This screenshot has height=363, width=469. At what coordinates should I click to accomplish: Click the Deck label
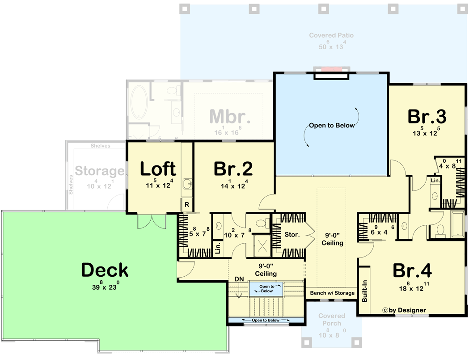105,270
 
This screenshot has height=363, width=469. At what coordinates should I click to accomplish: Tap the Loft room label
158,169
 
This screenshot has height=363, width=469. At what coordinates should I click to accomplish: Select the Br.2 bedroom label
233,169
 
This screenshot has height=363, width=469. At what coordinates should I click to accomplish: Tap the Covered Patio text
331,35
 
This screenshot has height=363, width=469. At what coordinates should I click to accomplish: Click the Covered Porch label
331,320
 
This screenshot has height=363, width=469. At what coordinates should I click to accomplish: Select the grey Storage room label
99,171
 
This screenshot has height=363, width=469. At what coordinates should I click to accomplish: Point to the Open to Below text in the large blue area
332,126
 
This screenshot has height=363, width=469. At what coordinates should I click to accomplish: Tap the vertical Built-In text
365,291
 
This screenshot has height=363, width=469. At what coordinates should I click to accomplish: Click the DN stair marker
239,279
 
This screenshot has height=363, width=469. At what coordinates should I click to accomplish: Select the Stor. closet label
292,234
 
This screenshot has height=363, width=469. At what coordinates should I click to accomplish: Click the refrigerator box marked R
186,205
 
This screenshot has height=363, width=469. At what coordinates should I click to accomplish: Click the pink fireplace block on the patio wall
331,69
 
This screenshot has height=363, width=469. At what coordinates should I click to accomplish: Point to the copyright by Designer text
404,310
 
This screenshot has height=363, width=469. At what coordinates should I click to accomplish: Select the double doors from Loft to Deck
152,221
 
